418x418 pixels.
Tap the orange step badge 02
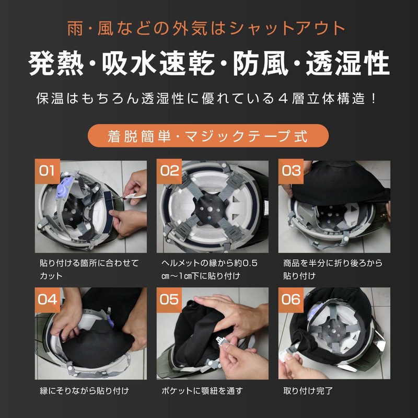point(169,171)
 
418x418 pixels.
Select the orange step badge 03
point(291,171)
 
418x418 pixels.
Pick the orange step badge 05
point(169,299)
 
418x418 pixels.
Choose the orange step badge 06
point(291,299)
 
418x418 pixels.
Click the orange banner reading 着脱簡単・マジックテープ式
point(208,136)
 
